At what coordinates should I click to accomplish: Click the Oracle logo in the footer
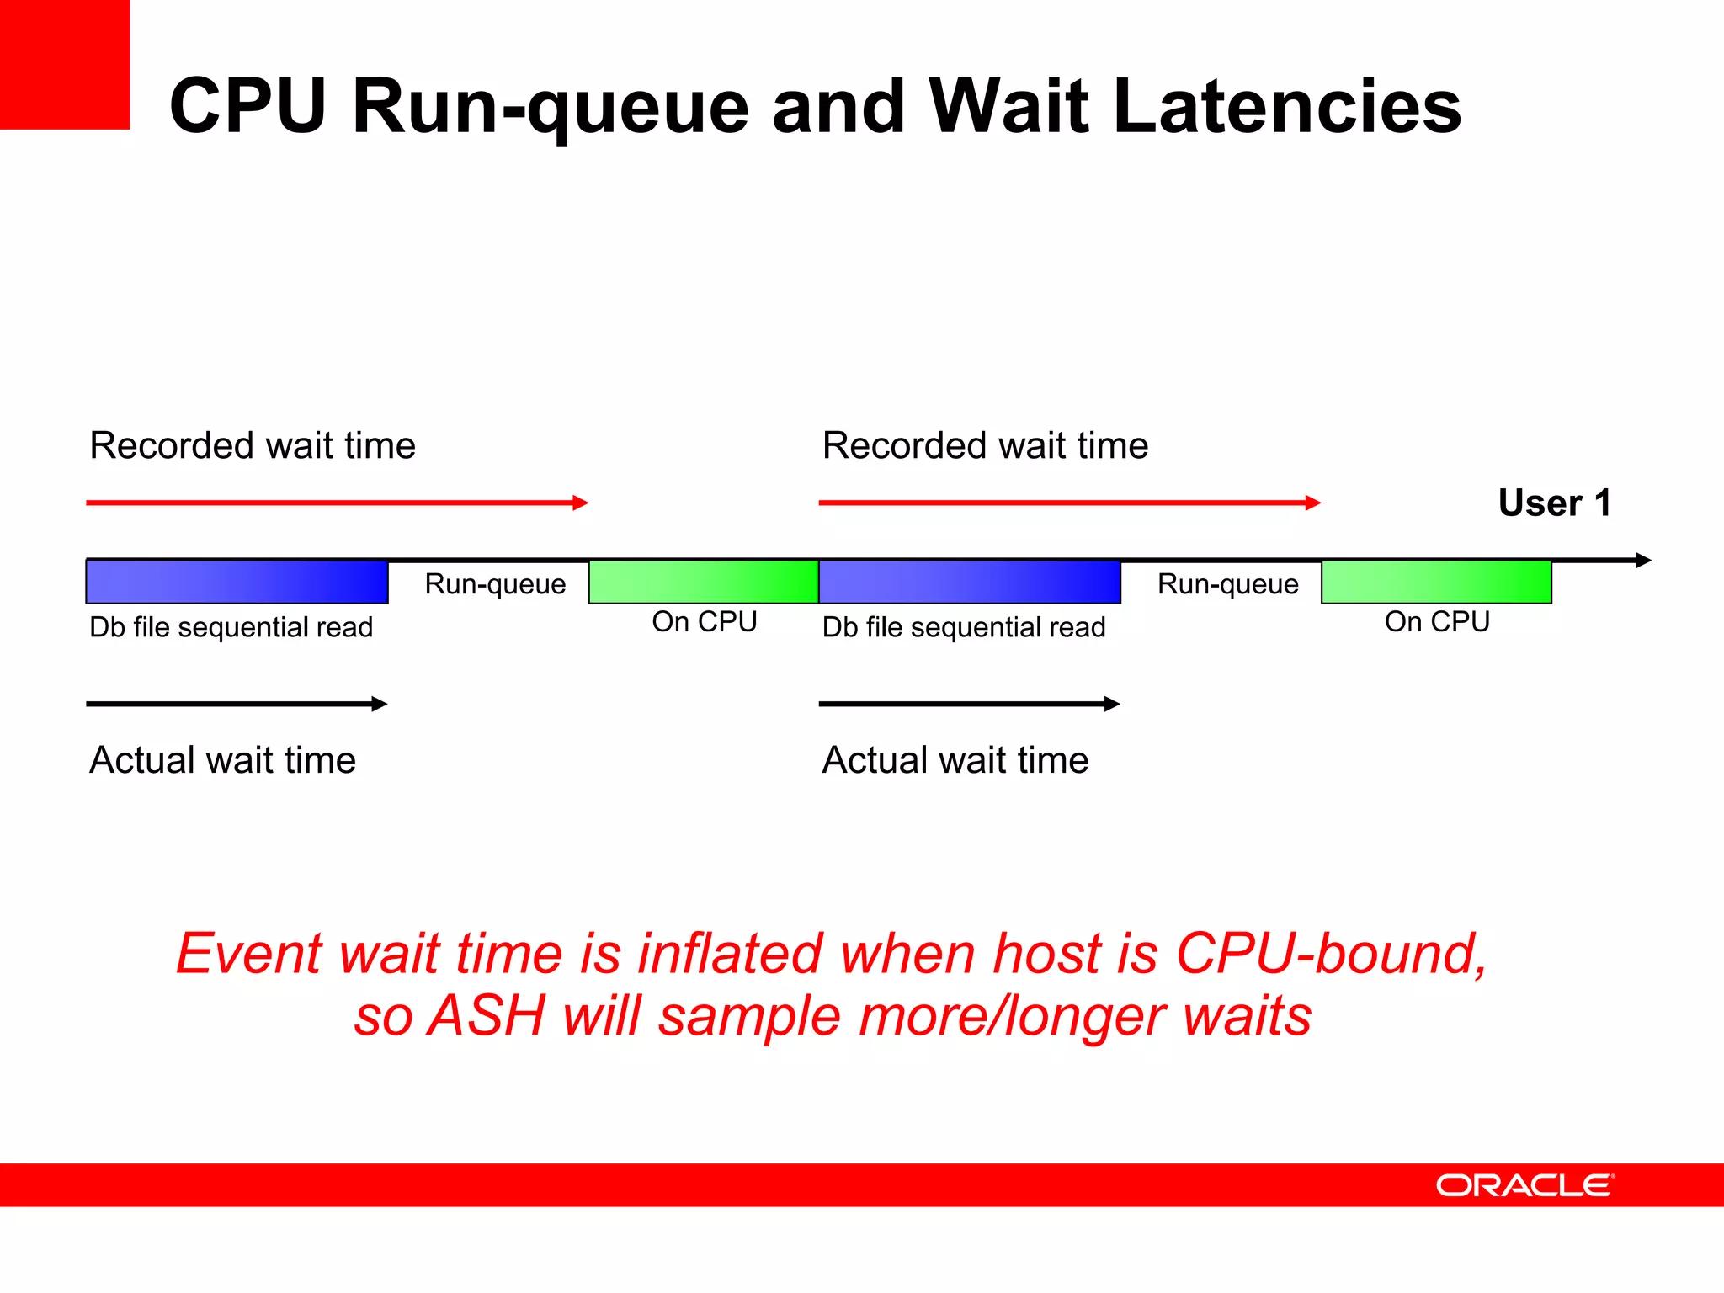1524,1185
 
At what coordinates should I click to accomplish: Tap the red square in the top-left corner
64,64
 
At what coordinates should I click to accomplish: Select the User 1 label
1554,503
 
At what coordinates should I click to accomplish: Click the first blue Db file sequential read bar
237,582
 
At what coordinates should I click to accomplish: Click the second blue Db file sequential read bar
969,582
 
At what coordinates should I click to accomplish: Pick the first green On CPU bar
703,582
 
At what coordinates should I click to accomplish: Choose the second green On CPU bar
1435,582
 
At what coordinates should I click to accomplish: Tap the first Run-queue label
495,584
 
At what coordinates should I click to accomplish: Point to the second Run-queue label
1227,584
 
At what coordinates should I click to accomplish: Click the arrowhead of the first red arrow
581,503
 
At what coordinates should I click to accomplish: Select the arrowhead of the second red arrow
1313,503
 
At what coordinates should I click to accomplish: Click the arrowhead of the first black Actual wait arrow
380,704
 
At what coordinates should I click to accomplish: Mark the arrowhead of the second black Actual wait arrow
1112,704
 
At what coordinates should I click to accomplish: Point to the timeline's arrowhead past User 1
1643,560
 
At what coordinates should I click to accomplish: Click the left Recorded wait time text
253,445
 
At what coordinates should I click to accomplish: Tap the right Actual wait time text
955,760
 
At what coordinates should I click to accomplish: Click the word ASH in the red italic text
487,1015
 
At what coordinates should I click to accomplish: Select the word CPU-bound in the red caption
1331,954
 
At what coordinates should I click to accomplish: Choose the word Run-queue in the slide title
551,107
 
